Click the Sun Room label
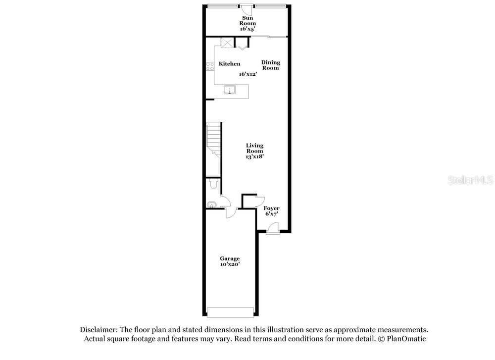click(x=247, y=20)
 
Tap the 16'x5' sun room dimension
click(x=247, y=29)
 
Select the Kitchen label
click(x=230, y=64)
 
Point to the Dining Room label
click(x=271, y=65)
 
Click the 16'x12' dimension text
click(x=248, y=74)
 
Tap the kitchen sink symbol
click(x=230, y=89)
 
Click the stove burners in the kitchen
click(x=210, y=66)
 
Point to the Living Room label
click(x=255, y=148)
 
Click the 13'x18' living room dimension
click(x=255, y=156)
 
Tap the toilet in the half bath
click(x=214, y=184)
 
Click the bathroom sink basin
click(x=211, y=205)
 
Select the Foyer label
click(x=271, y=208)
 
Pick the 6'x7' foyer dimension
click(x=271, y=214)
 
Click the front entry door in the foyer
click(x=273, y=228)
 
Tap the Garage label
click(x=230, y=258)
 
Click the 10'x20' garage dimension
click(x=230, y=264)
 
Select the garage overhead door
click(x=231, y=312)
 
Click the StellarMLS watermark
click(x=470, y=180)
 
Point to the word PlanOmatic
click(x=406, y=339)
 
